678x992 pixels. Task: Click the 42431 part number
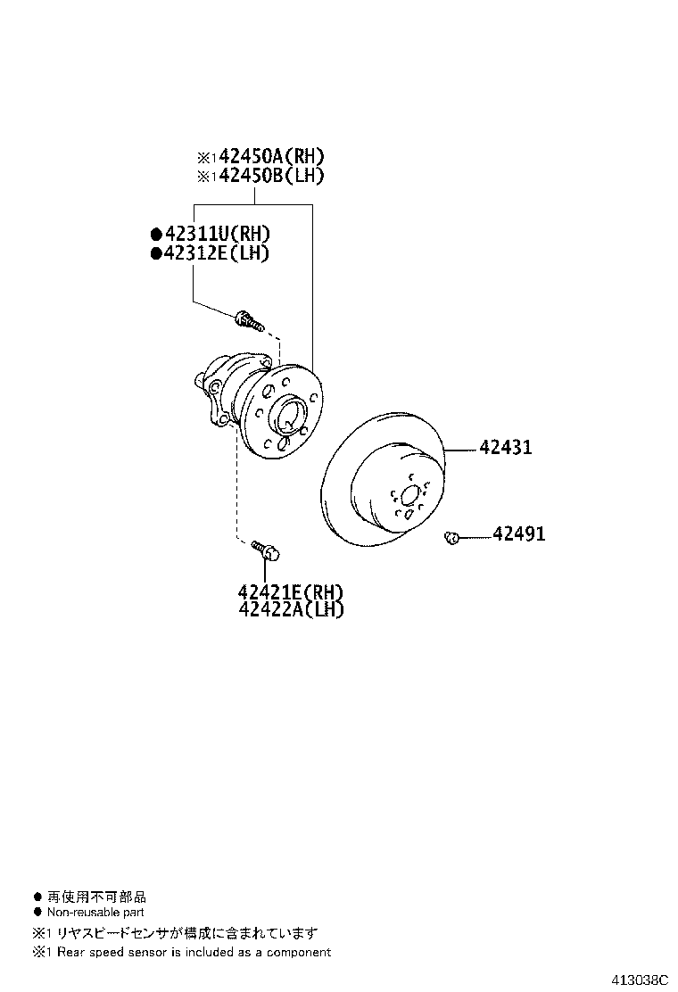point(505,448)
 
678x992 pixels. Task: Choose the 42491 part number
point(518,534)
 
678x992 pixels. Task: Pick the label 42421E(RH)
point(291,592)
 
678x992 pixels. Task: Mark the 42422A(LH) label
point(291,609)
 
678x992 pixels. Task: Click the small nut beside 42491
point(451,536)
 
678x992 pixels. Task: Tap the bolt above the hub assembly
point(248,319)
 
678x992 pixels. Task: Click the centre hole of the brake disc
point(409,496)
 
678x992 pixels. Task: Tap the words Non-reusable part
point(95,913)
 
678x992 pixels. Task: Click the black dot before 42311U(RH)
point(156,235)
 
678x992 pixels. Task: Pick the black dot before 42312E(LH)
point(156,253)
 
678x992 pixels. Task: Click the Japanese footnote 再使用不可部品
point(96,897)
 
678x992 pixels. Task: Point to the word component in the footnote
point(300,952)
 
